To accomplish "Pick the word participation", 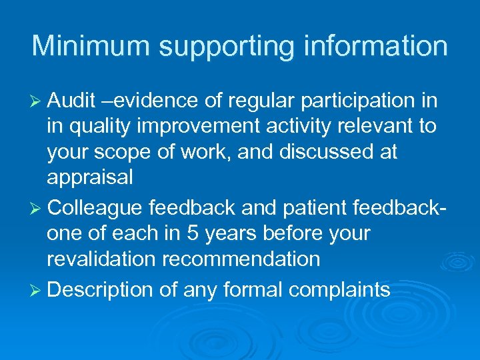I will (x=349, y=101).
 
